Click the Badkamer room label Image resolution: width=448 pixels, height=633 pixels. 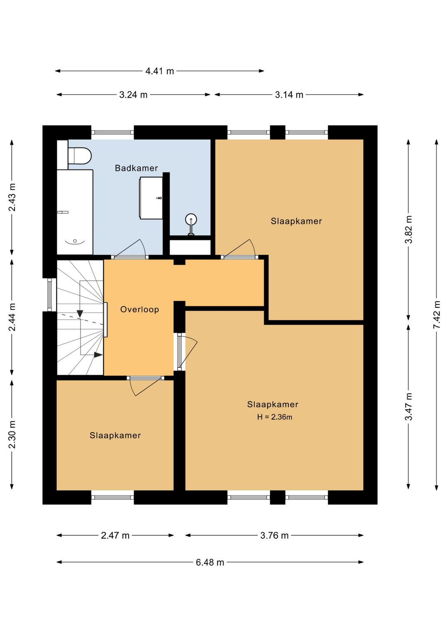point(136,168)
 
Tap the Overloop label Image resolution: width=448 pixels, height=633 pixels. point(140,309)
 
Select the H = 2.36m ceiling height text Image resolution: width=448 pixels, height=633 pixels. point(275,417)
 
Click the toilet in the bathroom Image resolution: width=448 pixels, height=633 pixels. point(80,155)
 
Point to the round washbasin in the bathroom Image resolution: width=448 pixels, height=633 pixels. point(191,219)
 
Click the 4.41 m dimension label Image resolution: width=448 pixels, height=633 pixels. point(159,71)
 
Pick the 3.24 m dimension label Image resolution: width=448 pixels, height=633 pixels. point(133,95)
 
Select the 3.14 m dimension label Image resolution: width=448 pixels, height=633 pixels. point(289,95)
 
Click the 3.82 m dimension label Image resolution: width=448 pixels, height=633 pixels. point(409,229)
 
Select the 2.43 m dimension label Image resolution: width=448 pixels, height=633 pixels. point(12,197)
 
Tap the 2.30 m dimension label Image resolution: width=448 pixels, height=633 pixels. point(12,435)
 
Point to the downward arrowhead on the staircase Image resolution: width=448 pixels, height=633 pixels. point(80,314)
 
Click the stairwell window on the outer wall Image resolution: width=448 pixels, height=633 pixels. point(50,295)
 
